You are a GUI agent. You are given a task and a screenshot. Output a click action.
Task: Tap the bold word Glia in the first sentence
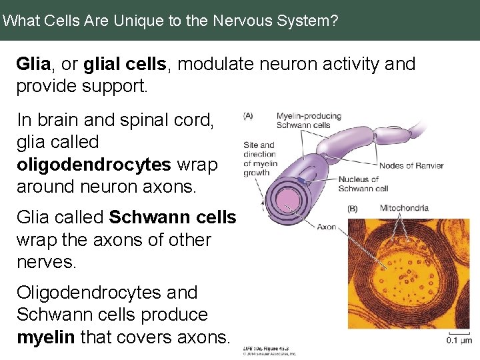33,64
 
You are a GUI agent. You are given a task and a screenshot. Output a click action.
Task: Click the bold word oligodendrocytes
93,164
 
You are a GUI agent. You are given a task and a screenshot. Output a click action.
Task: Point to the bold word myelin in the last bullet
45,337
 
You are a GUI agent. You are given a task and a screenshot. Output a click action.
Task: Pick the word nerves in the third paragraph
47,261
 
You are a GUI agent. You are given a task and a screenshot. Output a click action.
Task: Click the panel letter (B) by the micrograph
353,209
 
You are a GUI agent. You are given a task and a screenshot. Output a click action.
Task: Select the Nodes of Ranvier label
411,165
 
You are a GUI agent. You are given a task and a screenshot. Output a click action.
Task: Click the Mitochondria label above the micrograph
403,208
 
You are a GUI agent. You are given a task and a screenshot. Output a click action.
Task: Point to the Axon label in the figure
326,227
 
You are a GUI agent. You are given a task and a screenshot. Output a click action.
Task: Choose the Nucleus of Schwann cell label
363,183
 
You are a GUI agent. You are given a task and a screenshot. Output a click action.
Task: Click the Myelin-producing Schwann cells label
308,120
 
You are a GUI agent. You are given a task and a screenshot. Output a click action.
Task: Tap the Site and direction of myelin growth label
260,159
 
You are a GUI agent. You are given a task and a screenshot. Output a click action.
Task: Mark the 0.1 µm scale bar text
459,341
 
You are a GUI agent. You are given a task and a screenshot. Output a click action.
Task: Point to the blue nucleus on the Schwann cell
302,180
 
